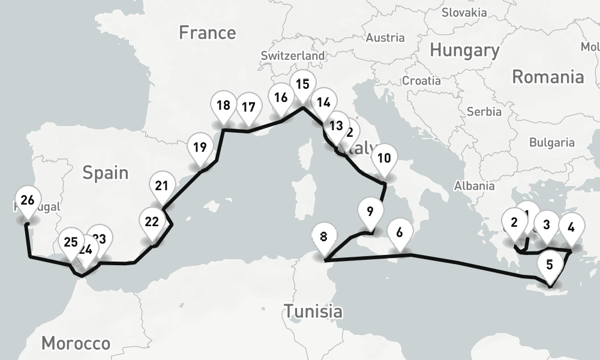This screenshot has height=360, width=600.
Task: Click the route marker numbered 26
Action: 27,201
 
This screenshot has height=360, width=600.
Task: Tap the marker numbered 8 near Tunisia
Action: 324,237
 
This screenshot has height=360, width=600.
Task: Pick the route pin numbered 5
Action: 550,265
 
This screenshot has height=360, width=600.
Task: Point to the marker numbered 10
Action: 385,159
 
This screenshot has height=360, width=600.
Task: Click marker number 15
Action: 302,85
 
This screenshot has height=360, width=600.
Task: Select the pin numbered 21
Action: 161,186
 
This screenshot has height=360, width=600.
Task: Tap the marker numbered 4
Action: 571,228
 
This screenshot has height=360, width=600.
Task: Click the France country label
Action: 208,32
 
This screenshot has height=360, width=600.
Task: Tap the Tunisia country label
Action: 313,311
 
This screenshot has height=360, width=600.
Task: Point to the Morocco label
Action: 76,343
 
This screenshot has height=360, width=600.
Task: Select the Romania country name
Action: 548,77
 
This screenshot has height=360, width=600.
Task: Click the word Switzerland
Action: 293,55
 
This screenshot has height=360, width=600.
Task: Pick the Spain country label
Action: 106,173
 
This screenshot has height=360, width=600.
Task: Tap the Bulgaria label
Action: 552,143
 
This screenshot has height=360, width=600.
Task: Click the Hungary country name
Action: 464,51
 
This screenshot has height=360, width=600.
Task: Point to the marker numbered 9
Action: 370,212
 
